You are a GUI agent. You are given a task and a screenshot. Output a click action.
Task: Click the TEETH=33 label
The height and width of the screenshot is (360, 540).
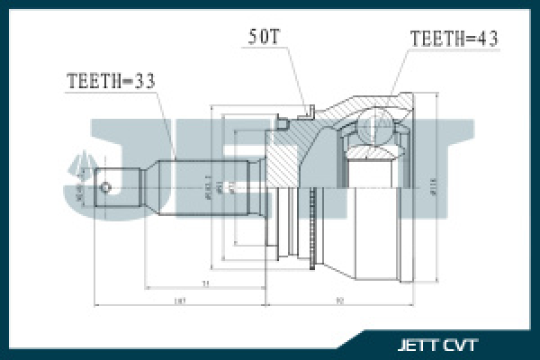[111, 80]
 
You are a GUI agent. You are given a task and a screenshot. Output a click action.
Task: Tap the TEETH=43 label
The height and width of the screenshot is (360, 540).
[454, 39]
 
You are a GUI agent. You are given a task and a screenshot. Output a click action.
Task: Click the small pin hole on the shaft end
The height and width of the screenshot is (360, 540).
[107, 187]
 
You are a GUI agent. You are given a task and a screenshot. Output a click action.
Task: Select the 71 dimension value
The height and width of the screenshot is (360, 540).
[206, 282]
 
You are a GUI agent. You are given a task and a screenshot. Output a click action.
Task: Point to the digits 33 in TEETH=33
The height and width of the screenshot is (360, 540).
[144, 80]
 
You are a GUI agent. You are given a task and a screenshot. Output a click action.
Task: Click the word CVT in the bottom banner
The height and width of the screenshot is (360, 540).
[462, 345]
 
